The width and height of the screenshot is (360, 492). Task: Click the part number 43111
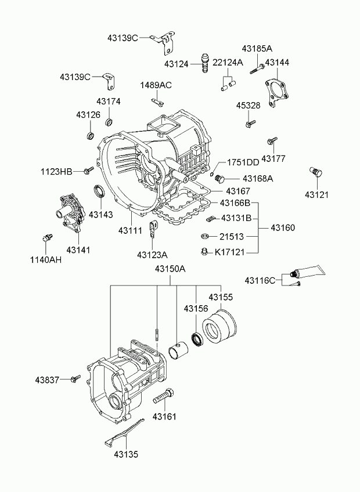130,230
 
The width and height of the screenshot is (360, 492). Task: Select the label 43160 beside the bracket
283,227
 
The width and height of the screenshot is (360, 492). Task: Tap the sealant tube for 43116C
308,271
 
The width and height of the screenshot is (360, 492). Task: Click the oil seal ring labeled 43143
100,191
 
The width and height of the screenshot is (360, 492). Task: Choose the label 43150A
170,269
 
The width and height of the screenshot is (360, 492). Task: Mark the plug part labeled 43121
316,172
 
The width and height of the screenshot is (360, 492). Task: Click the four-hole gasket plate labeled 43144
276,92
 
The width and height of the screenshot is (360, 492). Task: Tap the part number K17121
229,252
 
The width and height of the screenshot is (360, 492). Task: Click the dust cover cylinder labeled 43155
219,325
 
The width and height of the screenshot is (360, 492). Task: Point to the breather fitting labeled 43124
204,63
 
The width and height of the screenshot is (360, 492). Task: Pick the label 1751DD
243,162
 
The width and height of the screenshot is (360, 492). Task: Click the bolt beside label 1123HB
89,171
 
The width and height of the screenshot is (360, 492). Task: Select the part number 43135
126,454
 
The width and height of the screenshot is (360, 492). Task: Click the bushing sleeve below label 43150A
178,352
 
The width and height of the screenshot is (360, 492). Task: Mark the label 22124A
228,63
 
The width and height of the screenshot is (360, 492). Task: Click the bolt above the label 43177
272,141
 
